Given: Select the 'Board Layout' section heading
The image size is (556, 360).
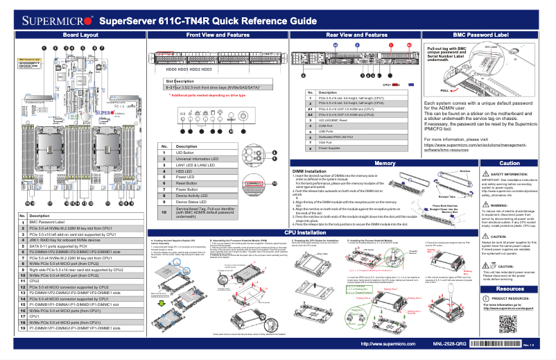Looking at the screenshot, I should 76,34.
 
